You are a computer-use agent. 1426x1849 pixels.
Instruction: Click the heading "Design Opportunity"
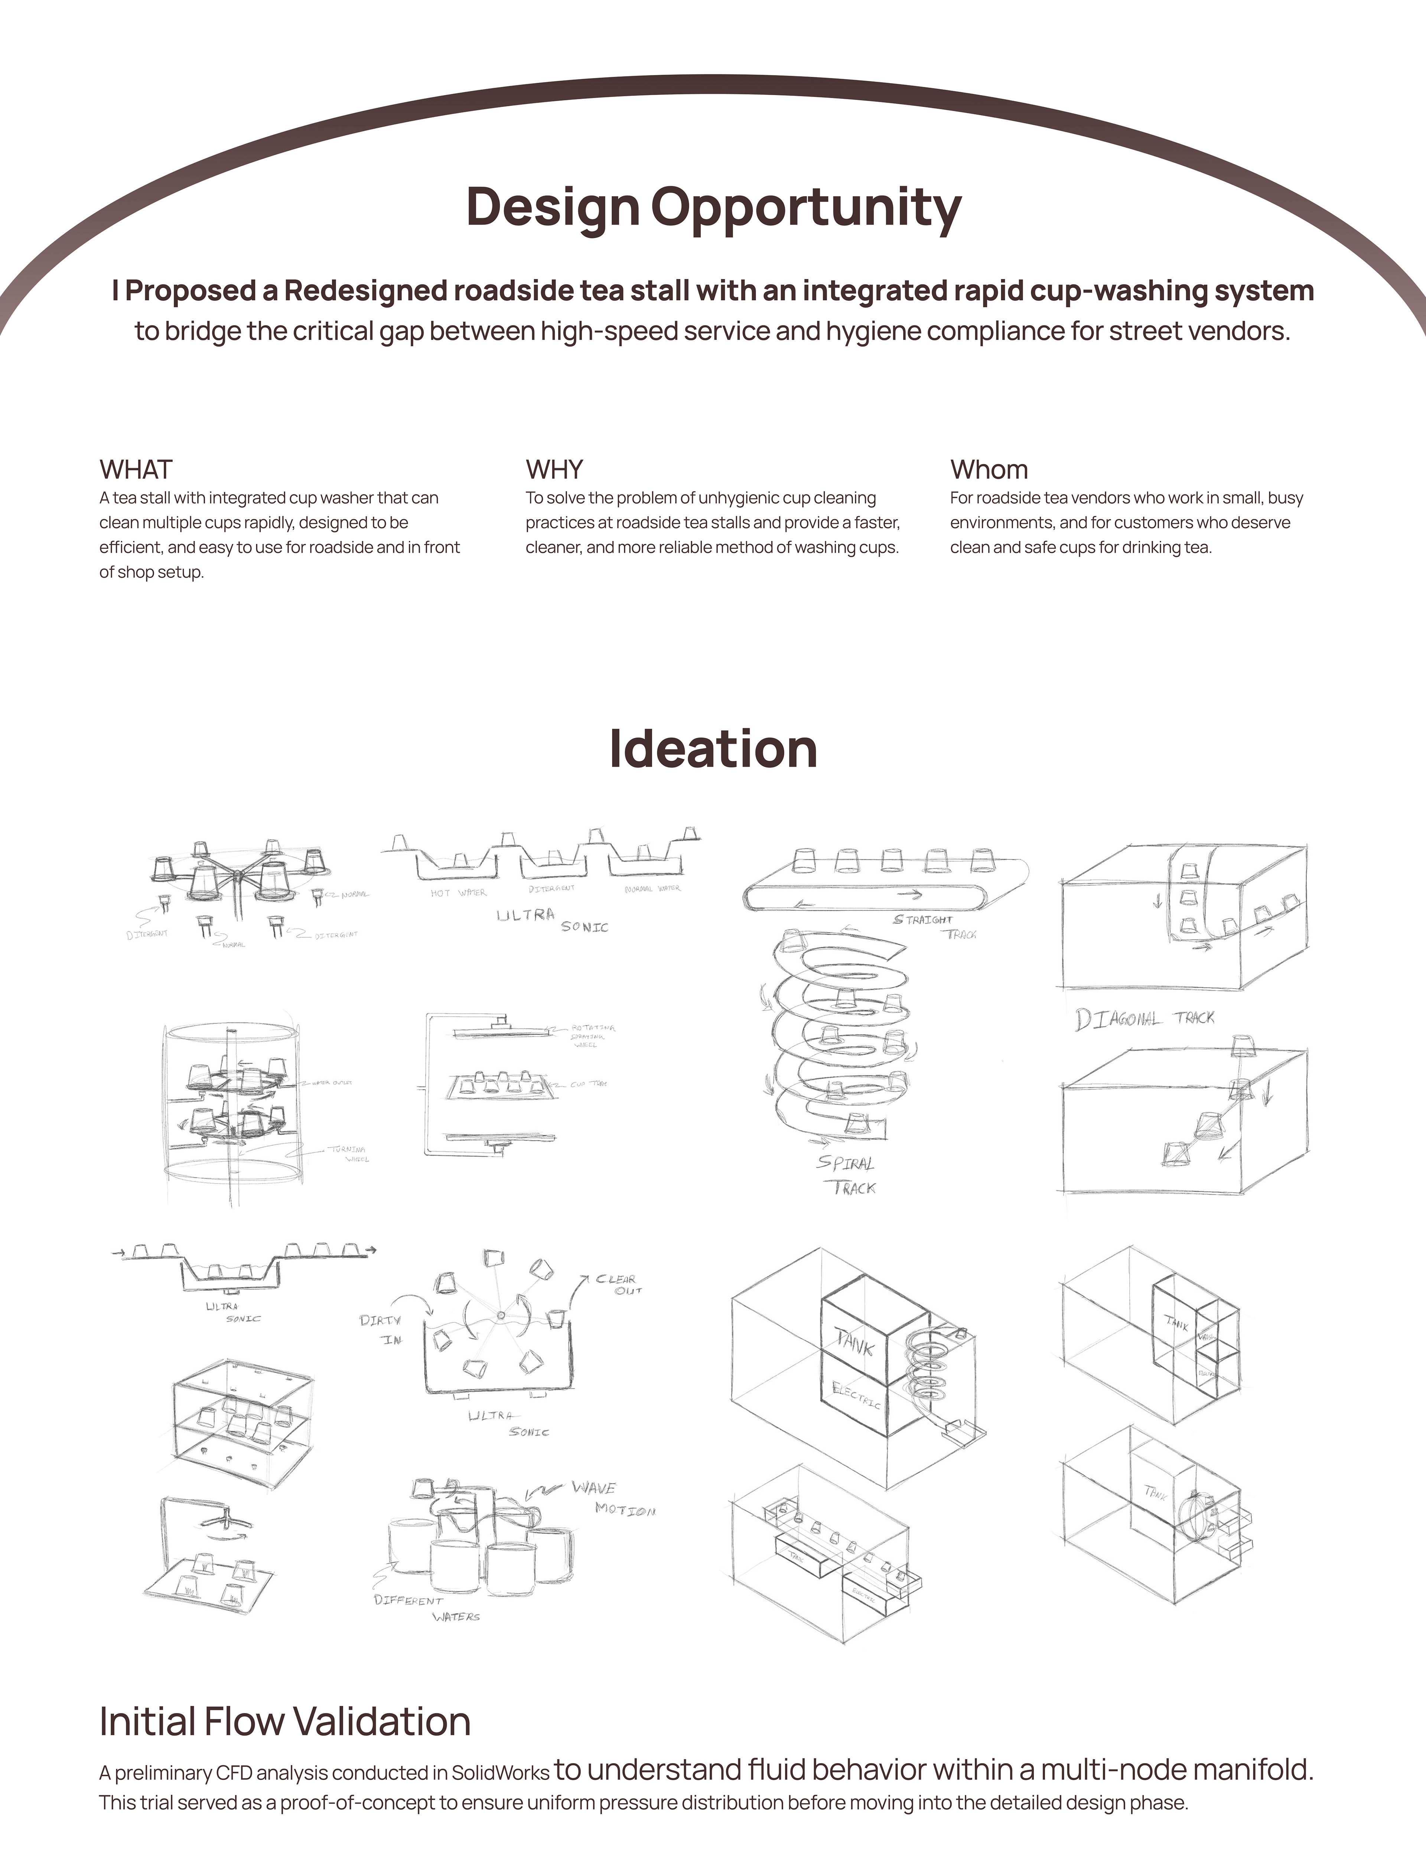tap(713, 207)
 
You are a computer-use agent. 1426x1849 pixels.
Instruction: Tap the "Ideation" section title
tap(713, 749)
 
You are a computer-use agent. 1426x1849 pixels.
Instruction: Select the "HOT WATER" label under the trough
tap(458, 893)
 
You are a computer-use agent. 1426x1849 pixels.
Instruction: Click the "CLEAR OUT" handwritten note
tap(618, 1284)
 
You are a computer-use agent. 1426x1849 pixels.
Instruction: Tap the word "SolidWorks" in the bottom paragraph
tap(500, 1773)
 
